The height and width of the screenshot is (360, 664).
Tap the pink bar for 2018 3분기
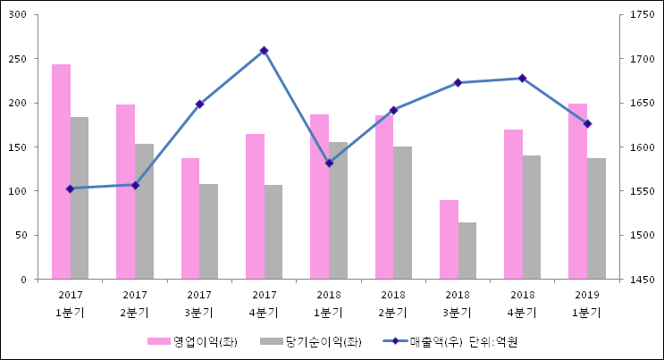(449, 239)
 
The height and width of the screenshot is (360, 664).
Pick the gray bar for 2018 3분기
(467, 251)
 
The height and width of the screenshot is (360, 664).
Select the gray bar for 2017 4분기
(273, 232)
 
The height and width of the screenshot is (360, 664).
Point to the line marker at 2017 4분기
(264, 51)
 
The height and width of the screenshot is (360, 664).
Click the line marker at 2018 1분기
(329, 163)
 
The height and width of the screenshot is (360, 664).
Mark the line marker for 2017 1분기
(70, 188)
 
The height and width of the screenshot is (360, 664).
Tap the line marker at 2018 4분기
(522, 79)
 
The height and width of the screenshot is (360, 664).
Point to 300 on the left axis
(19, 15)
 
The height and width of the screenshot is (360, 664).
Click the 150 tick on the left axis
(19, 147)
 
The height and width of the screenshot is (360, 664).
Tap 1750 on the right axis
(643, 15)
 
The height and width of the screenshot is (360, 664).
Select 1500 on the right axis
(643, 236)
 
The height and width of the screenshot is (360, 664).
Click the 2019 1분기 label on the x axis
(587, 304)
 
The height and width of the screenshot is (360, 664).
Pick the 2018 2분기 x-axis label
(393, 304)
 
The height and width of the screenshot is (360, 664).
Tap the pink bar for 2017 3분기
(190, 219)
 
